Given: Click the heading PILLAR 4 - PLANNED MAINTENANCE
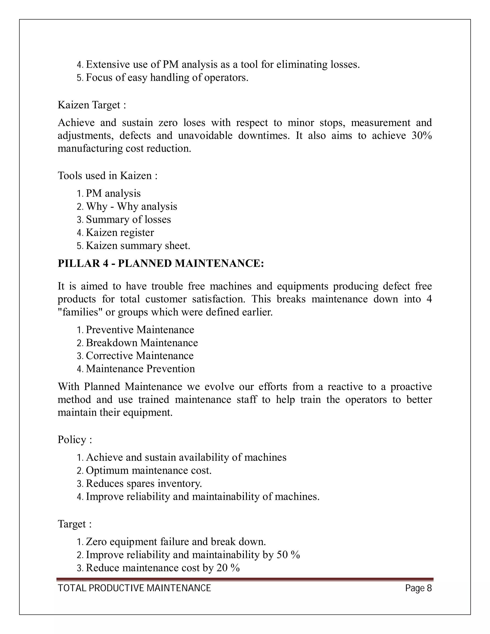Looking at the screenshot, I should coord(161,263).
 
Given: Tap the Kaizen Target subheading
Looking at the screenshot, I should coord(92,105).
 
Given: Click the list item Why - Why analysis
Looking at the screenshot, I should coord(131,206).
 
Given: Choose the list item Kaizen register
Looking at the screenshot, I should coord(120,233).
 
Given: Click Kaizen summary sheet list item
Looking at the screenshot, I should coord(138,246).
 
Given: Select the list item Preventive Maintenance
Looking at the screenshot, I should coord(140,330).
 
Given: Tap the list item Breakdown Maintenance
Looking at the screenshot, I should coord(142,343).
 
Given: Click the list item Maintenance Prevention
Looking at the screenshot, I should coord(140,369).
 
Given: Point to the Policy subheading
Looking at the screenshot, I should coord(75,439).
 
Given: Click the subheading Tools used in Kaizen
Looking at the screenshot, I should coord(107,176).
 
